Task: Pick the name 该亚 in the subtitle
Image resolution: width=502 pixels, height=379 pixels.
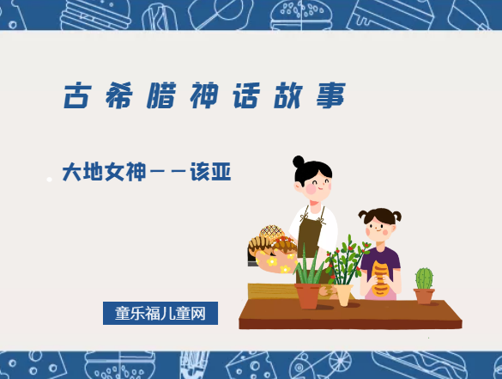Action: (212, 173)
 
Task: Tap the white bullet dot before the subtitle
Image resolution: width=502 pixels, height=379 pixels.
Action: (50, 179)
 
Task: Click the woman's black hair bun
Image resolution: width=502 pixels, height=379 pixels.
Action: (299, 162)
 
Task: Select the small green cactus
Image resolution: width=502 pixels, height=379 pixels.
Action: (424, 278)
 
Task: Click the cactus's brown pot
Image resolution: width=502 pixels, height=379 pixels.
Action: (424, 296)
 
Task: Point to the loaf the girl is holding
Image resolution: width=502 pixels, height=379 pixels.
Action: (380, 277)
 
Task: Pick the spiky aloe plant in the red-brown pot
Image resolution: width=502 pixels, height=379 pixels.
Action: (308, 266)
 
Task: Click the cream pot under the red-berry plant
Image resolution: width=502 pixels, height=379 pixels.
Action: (343, 295)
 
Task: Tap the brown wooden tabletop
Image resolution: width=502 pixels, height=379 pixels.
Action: (352, 314)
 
